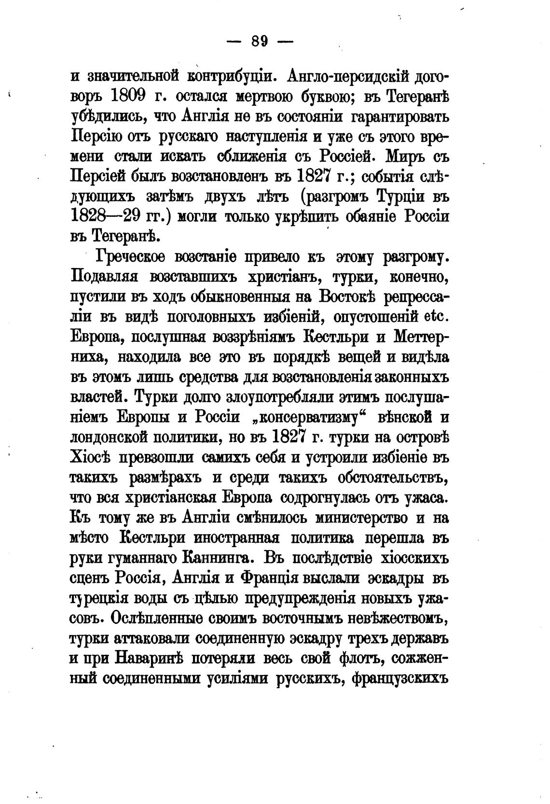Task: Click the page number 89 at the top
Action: pyautogui.click(x=260, y=42)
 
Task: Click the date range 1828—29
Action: pyautogui.click(x=113, y=216)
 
